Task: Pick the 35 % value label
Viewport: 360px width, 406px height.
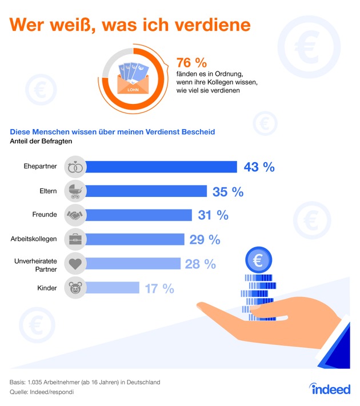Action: point(228,191)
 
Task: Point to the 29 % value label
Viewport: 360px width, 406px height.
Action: point(205,239)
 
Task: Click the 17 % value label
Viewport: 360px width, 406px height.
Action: point(159,288)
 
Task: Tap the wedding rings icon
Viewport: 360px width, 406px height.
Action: point(75,167)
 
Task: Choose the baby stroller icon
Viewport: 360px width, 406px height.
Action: point(75,191)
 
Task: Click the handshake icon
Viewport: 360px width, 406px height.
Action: point(75,215)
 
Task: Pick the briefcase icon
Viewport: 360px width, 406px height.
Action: point(75,239)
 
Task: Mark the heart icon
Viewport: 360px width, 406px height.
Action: point(75,263)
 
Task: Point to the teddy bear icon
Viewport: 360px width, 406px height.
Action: point(75,288)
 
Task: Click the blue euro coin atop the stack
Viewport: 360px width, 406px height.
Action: point(259,261)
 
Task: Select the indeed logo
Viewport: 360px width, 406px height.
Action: point(322,389)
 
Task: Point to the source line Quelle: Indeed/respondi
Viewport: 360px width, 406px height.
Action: point(42,392)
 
